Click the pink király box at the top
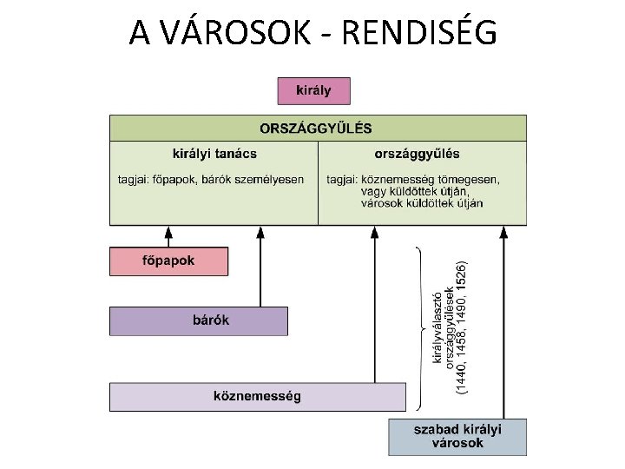point(315,90)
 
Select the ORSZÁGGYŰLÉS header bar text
point(316,128)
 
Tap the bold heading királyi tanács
point(214,154)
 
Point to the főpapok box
point(168,261)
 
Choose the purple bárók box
point(198,320)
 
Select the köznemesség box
point(257,396)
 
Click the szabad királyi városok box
point(457,437)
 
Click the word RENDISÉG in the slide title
point(420,34)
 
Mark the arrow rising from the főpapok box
point(168,236)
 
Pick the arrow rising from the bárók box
point(260,265)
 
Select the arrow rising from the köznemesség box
point(374,304)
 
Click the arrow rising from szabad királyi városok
point(503,321)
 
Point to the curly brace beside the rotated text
point(421,328)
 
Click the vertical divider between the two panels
point(318,182)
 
